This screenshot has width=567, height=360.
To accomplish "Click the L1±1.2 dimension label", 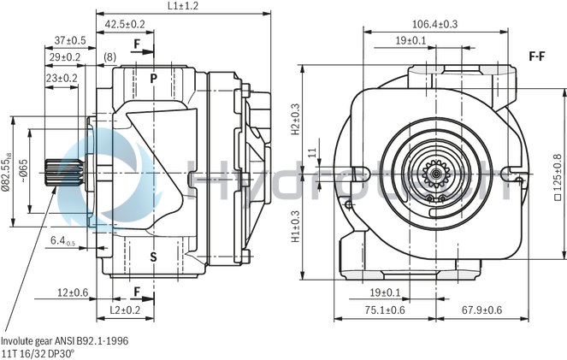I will [x=182, y=6].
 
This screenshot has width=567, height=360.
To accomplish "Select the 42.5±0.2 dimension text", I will [x=125, y=25].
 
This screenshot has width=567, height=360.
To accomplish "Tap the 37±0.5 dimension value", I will [x=70, y=40].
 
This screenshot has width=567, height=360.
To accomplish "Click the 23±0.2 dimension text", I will [x=61, y=78].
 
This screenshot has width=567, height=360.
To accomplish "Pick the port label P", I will [x=154, y=79].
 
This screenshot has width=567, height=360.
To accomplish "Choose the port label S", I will [x=154, y=257].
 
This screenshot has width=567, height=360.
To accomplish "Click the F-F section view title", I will [x=537, y=56].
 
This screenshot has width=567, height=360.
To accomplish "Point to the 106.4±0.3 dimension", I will [x=434, y=24].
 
